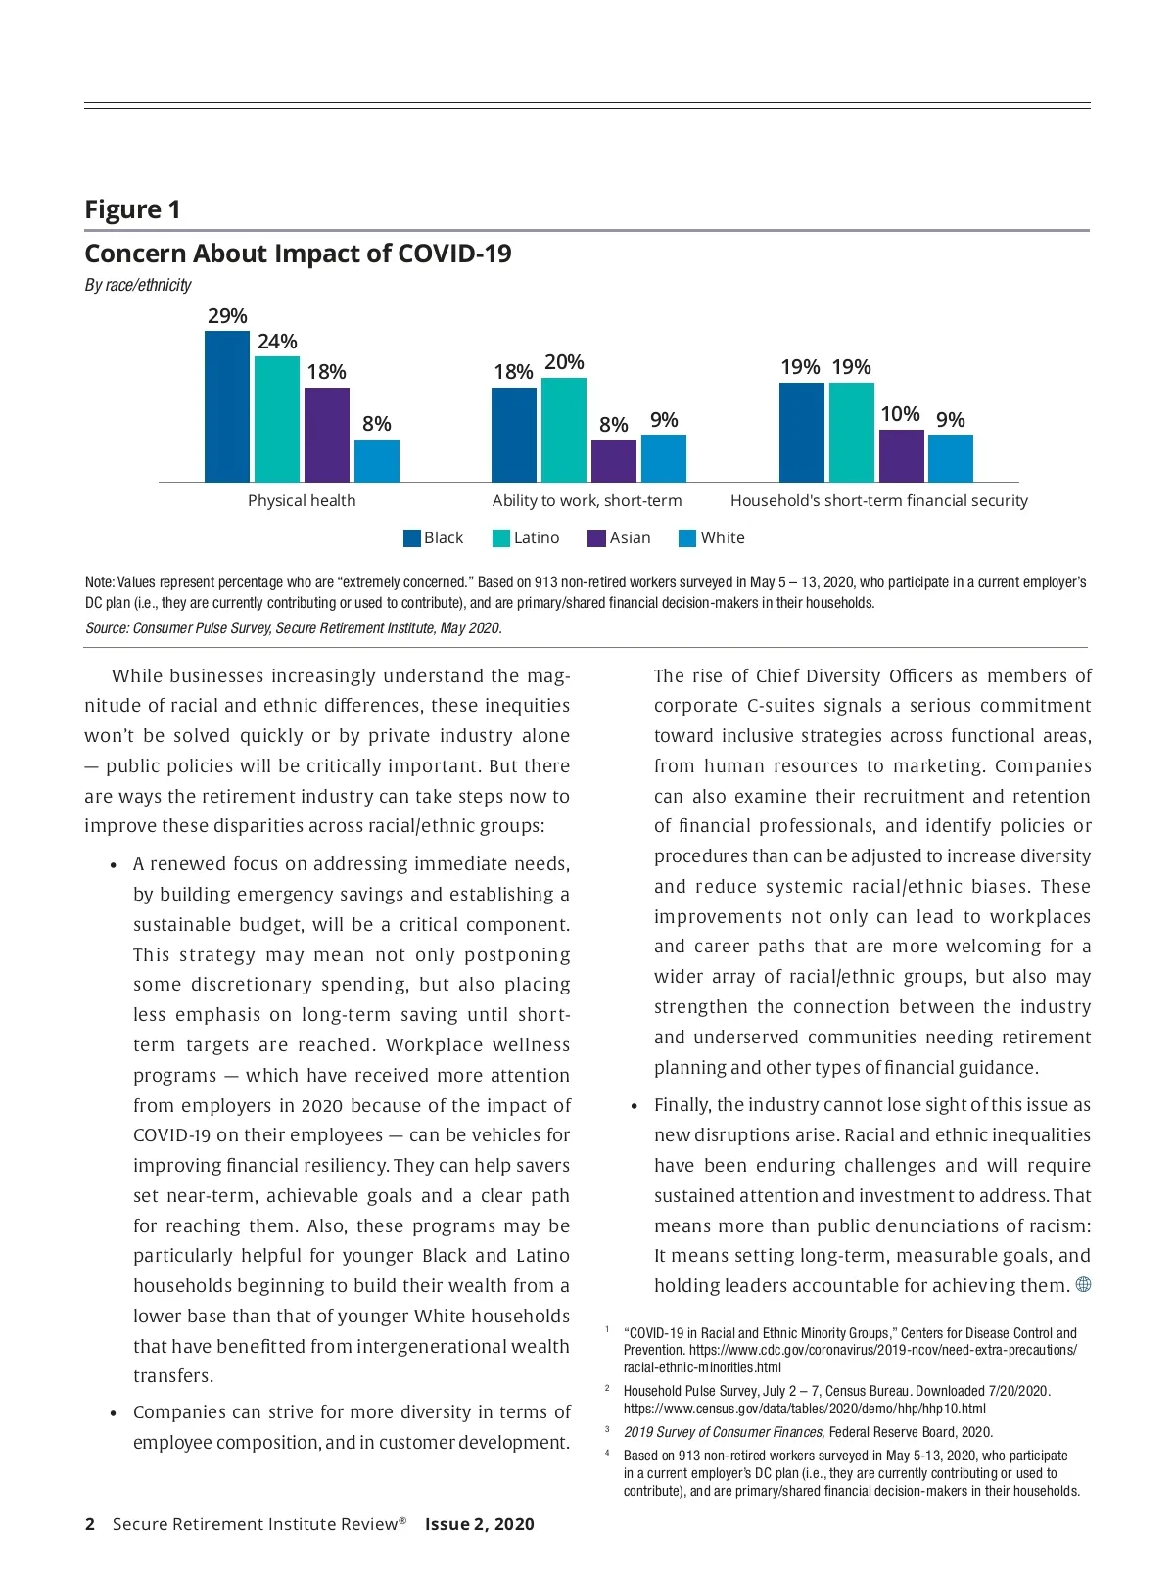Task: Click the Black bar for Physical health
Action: click(227, 406)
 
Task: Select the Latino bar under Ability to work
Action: click(564, 430)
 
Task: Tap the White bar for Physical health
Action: click(377, 461)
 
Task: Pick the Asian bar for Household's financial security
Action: click(901, 456)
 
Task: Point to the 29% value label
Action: click(227, 316)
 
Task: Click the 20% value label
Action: click(564, 362)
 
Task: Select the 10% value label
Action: click(900, 414)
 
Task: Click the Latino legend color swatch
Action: click(500, 538)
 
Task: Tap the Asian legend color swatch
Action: click(596, 538)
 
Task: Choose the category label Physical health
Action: click(302, 501)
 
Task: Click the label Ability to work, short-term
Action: click(587, 501)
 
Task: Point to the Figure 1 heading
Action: click(132, 209)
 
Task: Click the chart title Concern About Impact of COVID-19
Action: click(298, 254)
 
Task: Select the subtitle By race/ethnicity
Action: click(138, 285)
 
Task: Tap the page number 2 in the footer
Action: click(90, 1524)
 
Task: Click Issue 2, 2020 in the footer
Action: click(480, 1524)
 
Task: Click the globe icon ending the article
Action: click(1083, 1285)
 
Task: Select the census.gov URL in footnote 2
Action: click(805, 1409)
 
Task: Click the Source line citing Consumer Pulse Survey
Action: click(294, 628)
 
